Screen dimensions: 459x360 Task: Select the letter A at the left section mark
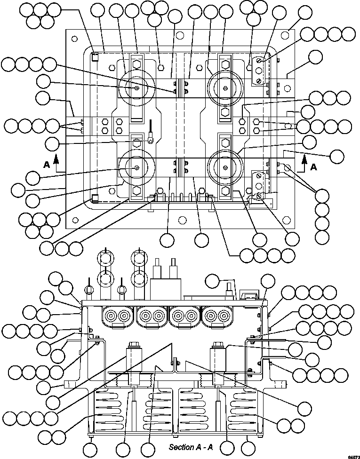coord(46,165)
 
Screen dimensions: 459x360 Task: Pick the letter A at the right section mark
coord(313,166)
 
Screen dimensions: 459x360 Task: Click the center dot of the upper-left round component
coord(136,88)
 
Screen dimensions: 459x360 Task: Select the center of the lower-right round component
coord(225,168)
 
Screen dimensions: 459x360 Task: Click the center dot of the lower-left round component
coord(136,168)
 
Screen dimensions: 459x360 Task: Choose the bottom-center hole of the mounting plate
coord(181,219)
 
